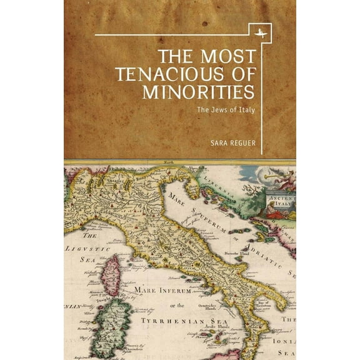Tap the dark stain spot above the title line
click(x=204, y=23)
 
